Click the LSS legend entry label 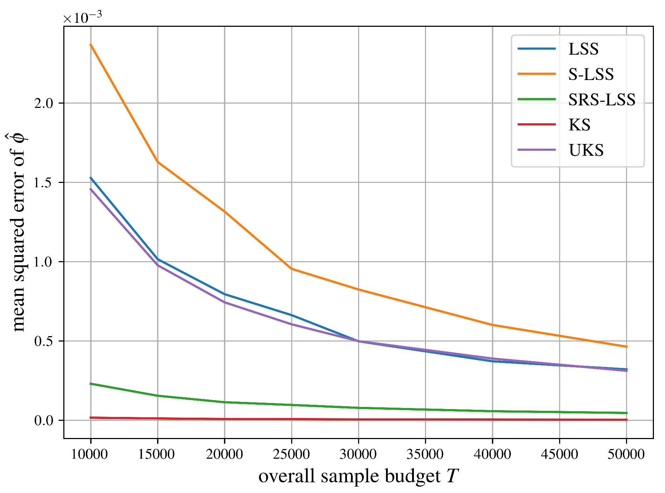point(583,49)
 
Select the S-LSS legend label point(591,74)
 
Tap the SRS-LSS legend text point(602,100)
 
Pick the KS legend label point(579,125)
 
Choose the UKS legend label point(586,150)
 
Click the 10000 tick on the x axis point(89,454)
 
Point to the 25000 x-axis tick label point(291,454)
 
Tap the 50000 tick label point(626,454)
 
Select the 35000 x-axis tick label point(425,454)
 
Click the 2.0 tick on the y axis point(44,103)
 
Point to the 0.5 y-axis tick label point(44,341)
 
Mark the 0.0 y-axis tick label point(44,420)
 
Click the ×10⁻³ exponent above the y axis point(82,17)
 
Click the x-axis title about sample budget point(358,476)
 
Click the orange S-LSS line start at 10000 point(91,45)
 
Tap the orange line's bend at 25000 point(292,269)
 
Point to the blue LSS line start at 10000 point(91,178)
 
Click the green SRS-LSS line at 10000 point(91,384)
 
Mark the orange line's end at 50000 point(626,347)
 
